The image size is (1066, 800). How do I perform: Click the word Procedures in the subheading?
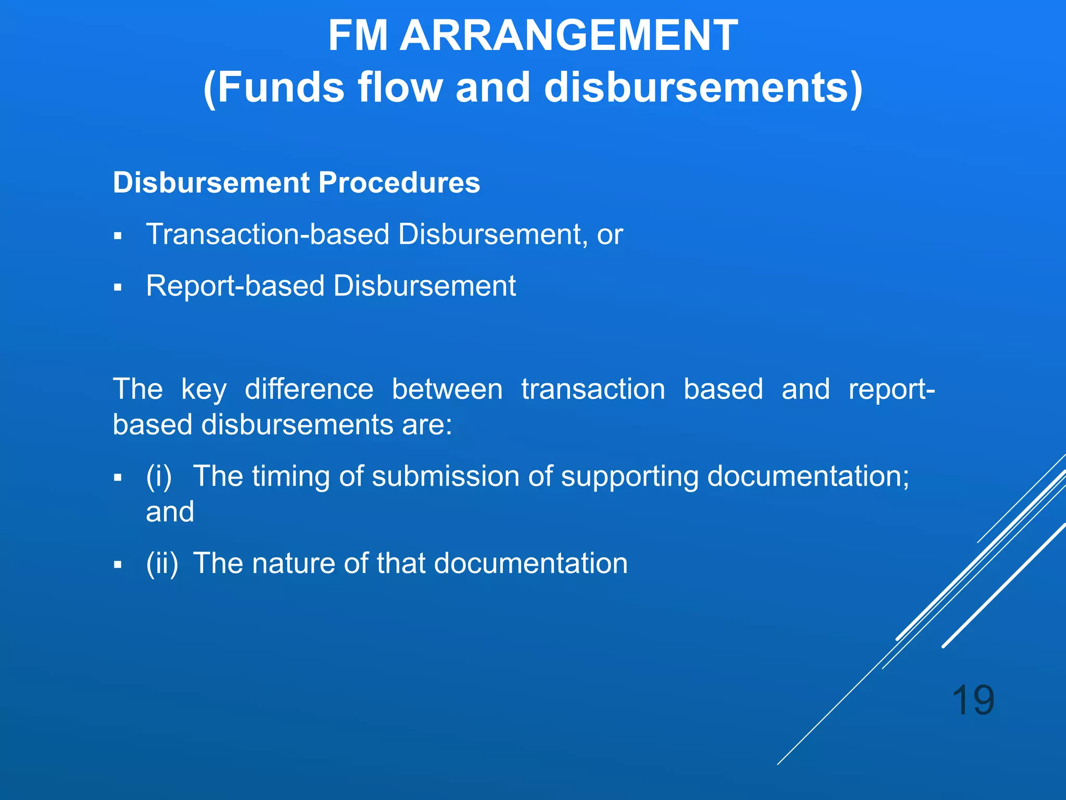[x=399, y=183]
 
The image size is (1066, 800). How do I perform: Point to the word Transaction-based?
[x=268, y=234]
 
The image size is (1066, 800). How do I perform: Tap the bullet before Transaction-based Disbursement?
[x=118, y=236]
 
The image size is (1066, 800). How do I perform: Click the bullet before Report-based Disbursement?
[x=118, y=287]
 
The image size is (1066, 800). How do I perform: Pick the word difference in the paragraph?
[x=309, y=390]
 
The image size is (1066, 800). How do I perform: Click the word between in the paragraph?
[x=447, y=390]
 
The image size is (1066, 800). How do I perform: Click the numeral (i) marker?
[x=159, y=477]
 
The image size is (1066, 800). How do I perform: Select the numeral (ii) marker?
[x=162, y=564]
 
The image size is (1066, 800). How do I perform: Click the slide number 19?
[x=973, y=701]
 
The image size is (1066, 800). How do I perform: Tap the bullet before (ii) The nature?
[x=118, y=565]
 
